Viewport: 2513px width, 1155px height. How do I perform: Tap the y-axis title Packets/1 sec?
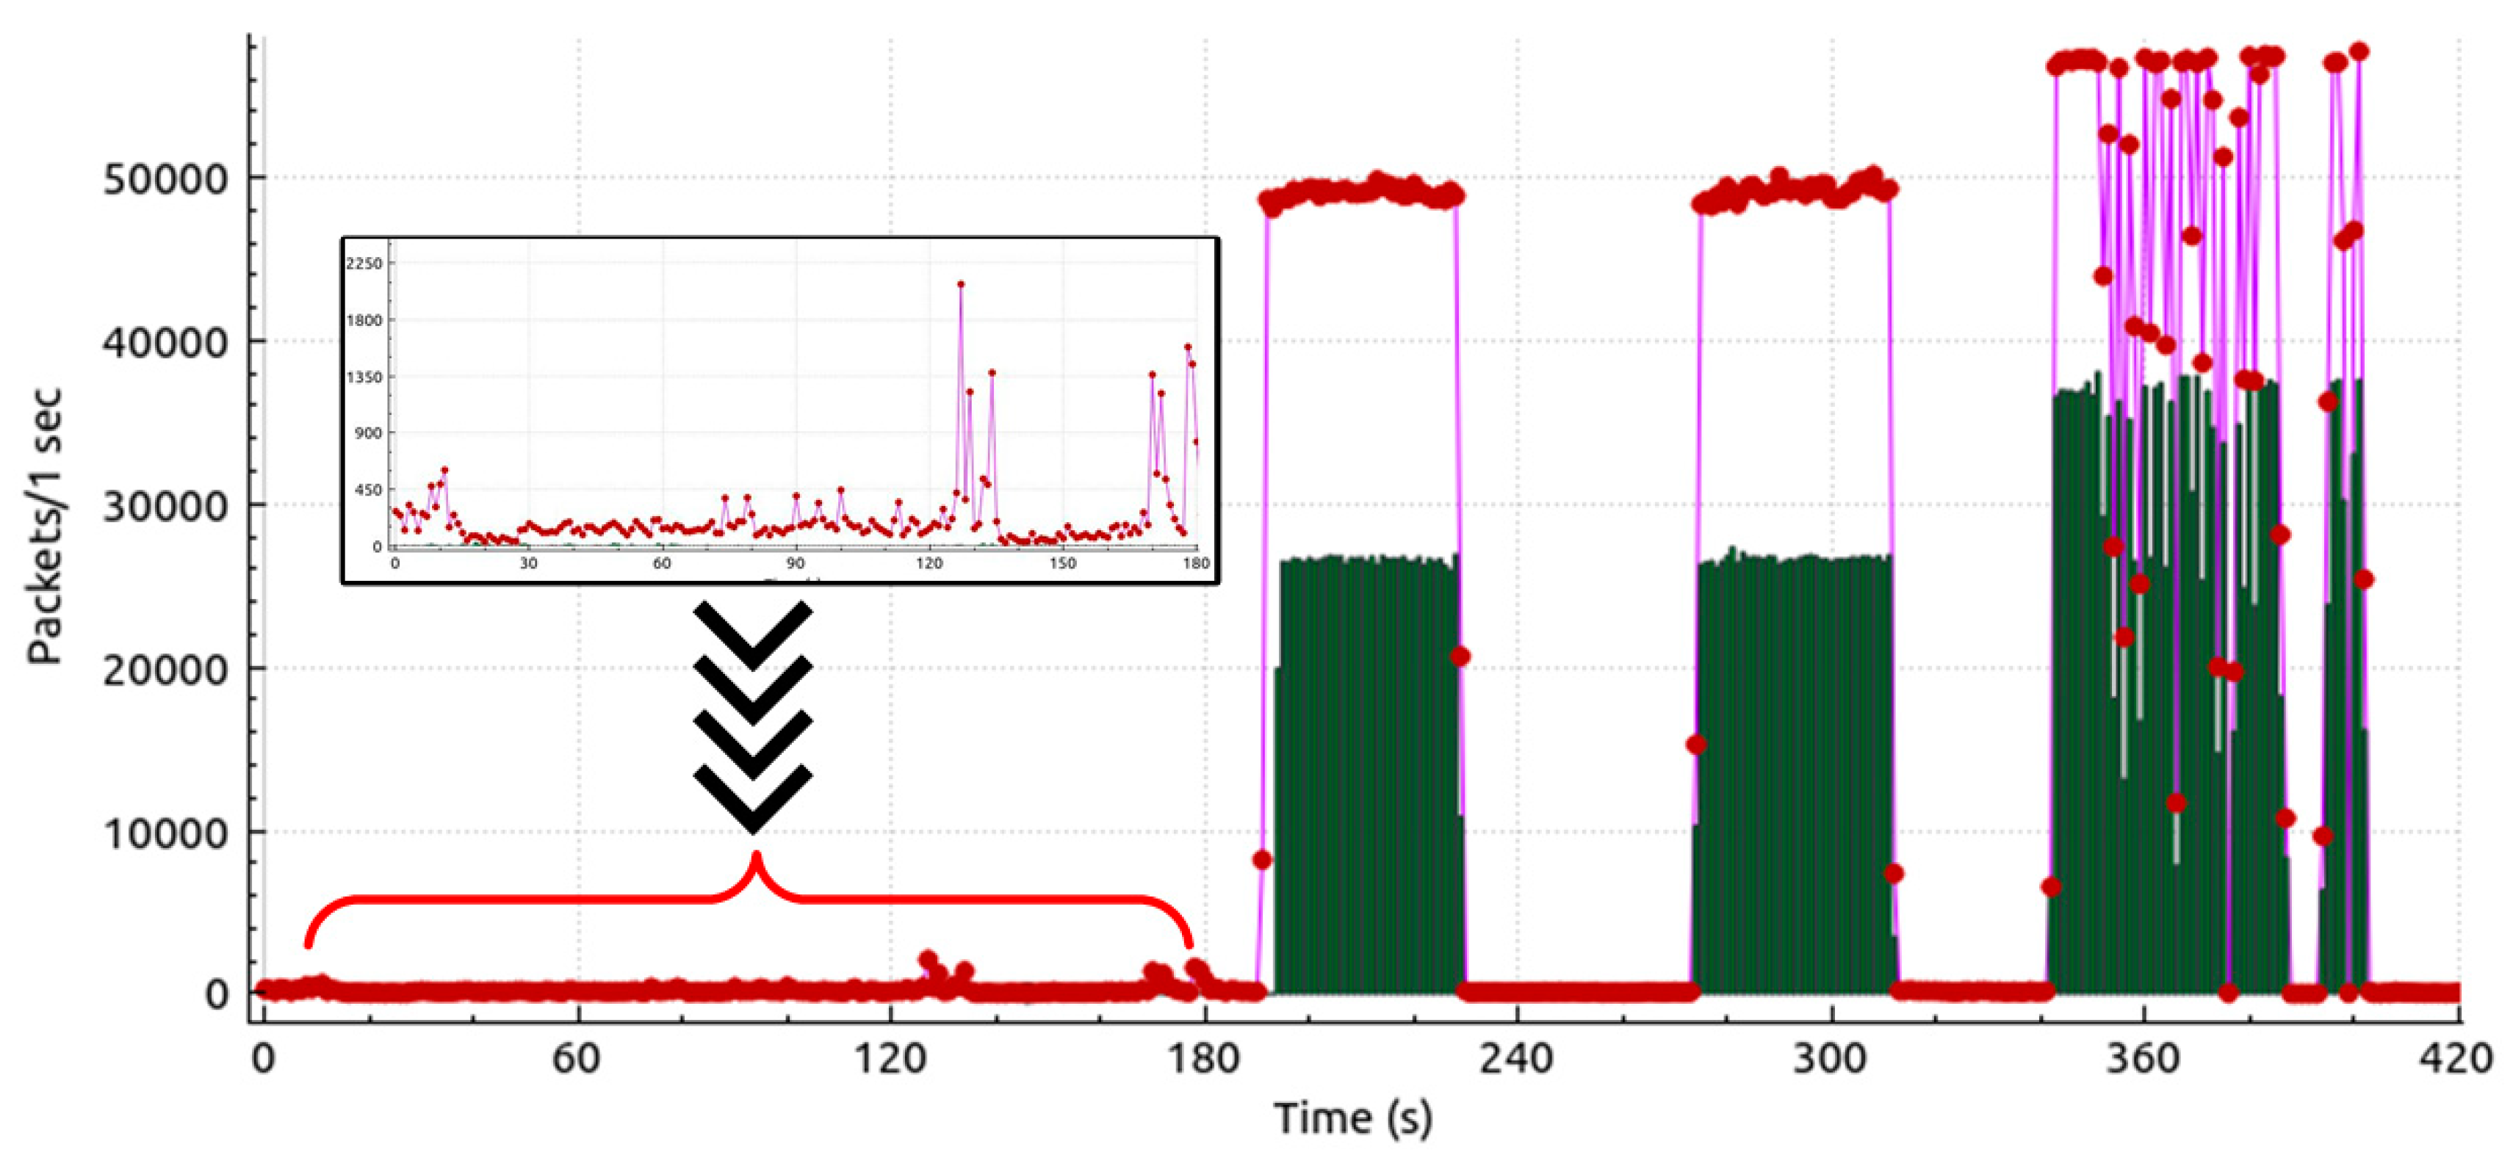pos(45,526)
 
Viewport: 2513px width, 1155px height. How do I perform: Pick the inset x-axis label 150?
pos(1062,564)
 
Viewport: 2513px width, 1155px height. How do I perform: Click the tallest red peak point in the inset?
pos(961,285)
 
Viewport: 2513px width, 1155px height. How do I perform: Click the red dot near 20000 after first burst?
pos(1460,656)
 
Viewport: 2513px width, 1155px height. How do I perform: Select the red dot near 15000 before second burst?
pos(1695,745)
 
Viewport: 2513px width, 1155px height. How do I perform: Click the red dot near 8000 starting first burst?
pos(1262,859)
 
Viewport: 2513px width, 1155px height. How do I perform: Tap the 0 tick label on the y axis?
pos(217,995)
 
